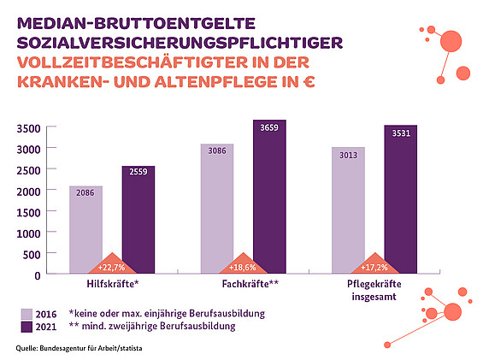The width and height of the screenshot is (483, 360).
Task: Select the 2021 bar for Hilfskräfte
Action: (x=138, y=218)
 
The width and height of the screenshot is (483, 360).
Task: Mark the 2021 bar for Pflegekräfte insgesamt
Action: (x=400, y=198)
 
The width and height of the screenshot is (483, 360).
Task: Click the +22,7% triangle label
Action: (x=112, y=266)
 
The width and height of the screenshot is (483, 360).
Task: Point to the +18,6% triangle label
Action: (x=243, y=266)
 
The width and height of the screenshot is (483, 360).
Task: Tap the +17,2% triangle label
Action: (x=374, y=266)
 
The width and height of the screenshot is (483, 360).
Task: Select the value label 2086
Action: (x=85, y=194)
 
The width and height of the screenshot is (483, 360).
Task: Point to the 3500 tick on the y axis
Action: (x=29, y=128)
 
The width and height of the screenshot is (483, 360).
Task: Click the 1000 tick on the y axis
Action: (x=29, y=233)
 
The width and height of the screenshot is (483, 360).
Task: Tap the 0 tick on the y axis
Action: (x=38, y=274)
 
